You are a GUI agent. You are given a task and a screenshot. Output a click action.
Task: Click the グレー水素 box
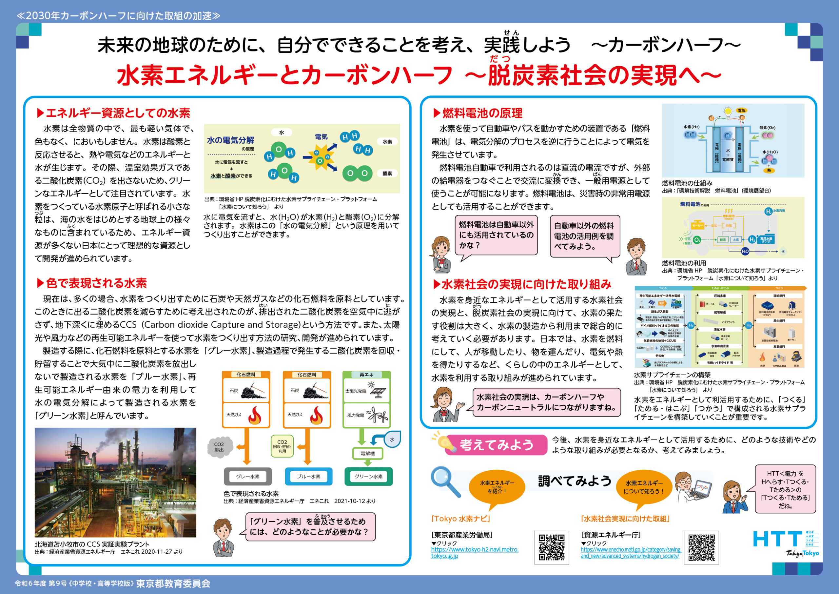[x=248, y=476]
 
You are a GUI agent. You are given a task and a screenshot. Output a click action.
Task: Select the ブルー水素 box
[x=308, y=476]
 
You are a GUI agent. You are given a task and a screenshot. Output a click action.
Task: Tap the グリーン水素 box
[x=368, y=476]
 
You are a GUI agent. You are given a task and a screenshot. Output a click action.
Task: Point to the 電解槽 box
[x=367, y=454]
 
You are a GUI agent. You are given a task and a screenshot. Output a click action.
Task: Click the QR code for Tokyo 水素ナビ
[x=552, y=547]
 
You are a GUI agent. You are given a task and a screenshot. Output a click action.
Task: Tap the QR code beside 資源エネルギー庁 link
[x=701, y=547]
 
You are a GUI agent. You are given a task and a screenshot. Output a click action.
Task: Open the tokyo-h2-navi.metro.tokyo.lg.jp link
[x=474, y=553]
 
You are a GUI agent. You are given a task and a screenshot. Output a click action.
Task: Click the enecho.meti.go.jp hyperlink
[x=631, y=553]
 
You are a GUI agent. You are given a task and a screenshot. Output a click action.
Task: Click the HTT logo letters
[x=777, y=539]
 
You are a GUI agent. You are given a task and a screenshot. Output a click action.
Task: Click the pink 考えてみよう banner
[x=496, y=445]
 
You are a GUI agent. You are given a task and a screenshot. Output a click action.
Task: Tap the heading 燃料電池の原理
[x=482, y=113]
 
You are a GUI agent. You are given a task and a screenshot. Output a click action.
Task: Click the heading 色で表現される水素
[x=96, y=283]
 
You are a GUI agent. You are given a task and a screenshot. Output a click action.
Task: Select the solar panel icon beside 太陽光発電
[x=378, y=391]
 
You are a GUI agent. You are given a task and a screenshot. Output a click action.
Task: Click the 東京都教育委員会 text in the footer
[x=173, y=584]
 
